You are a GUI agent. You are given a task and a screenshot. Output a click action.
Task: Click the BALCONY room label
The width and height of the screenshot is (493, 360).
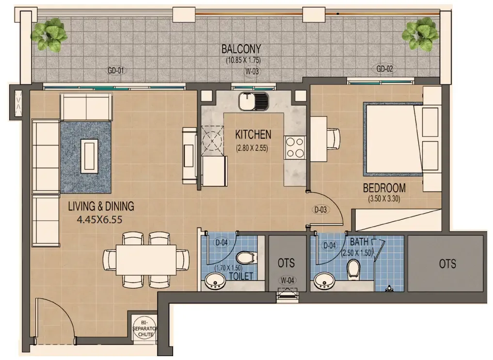pos(241,49)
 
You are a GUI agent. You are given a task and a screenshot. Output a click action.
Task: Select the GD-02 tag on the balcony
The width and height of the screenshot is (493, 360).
pos(384,69)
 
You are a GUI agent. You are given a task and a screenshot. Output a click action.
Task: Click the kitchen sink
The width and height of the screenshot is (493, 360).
pos(253,101)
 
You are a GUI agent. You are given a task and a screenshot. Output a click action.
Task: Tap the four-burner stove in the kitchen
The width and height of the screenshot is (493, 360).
pos(295,148)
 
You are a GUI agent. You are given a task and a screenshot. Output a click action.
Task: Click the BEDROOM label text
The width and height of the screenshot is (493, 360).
pos(384,188)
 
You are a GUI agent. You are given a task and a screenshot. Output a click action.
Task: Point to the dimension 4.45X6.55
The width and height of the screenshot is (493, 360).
pos(99,219)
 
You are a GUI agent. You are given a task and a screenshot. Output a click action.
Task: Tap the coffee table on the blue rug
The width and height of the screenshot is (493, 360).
pos(89,155)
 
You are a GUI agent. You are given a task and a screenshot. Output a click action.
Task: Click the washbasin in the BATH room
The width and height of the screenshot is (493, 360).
pos(322,280)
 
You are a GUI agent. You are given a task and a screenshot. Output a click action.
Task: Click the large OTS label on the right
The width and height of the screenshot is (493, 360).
pos(447,263)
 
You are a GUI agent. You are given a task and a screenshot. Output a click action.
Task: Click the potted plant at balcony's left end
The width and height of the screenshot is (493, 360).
pos(49,34)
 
